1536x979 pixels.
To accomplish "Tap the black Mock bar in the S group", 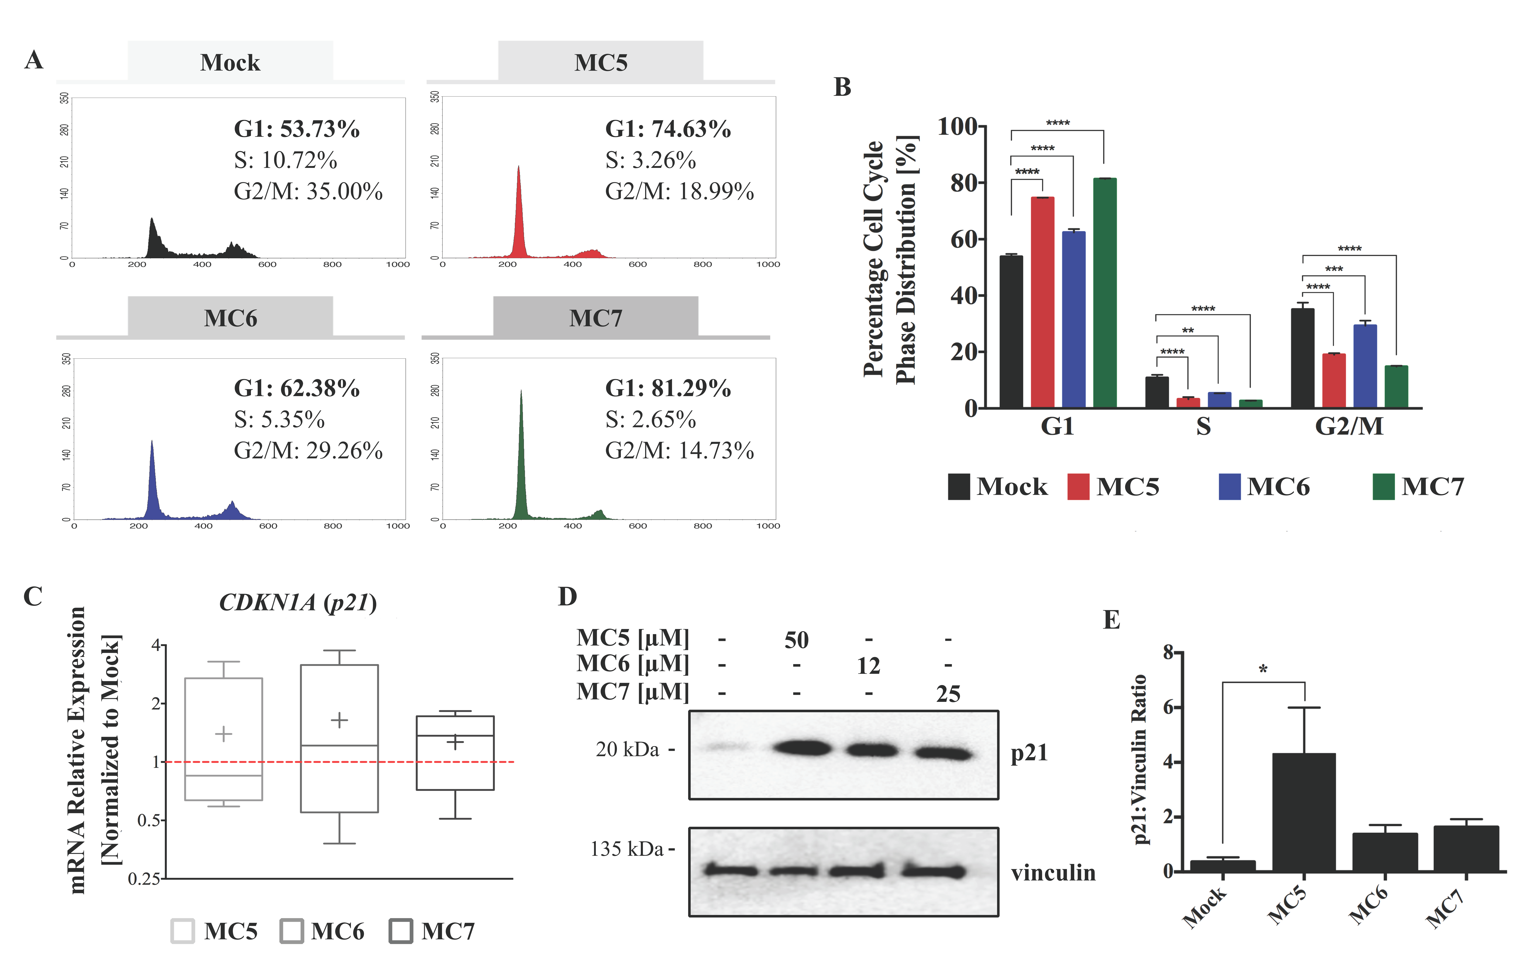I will coord(1157,392).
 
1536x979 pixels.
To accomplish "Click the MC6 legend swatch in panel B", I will coord(1229,487).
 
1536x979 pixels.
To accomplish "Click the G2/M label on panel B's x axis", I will coord(1349,426).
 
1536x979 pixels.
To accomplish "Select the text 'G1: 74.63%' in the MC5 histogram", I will coord(668,129).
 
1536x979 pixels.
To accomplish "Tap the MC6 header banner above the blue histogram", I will coord(230,317).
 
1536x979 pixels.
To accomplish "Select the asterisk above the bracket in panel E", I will coord(1263,669).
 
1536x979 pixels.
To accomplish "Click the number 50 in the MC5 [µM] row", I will coord(796,640).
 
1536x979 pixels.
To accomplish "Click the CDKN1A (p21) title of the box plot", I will coord(298,602).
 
